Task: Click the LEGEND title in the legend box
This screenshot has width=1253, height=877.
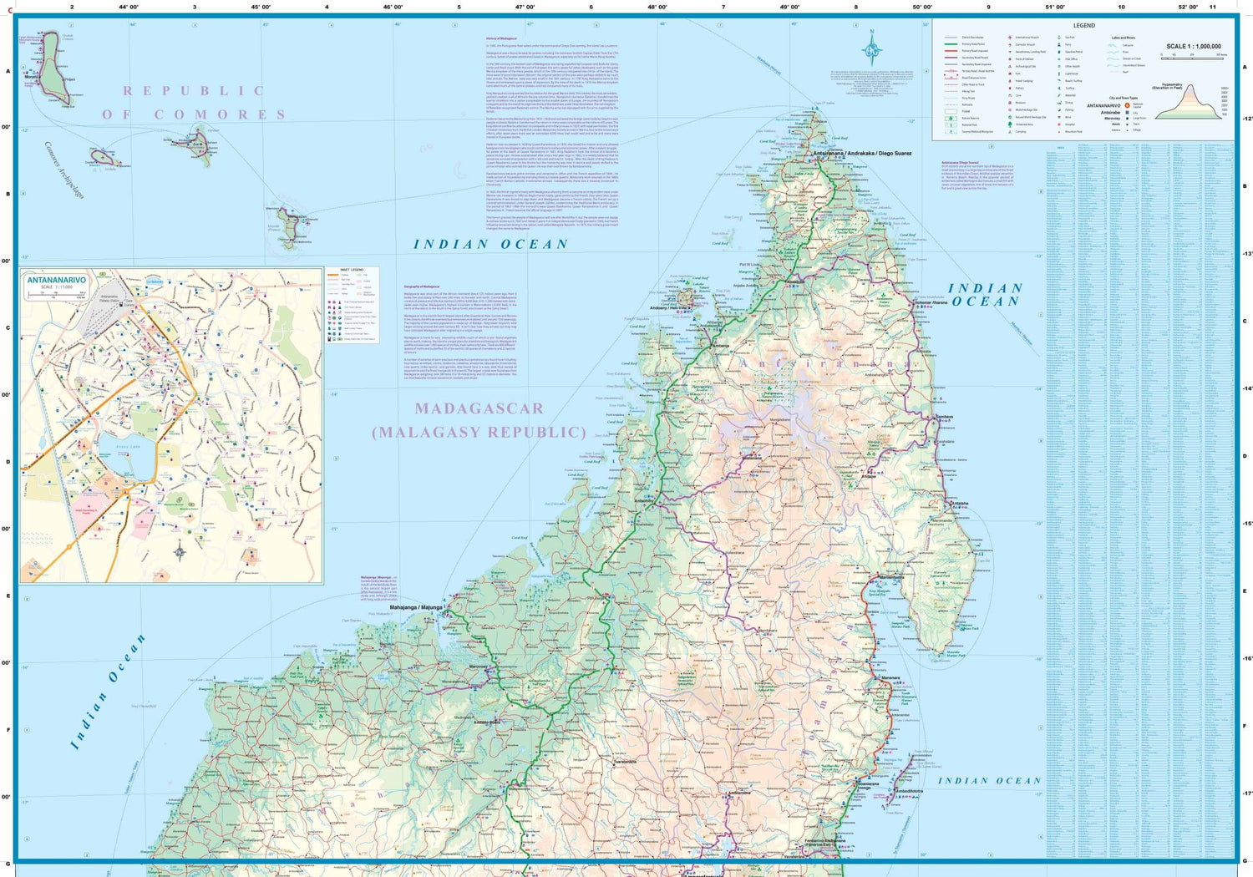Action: click(x=1083, y=26)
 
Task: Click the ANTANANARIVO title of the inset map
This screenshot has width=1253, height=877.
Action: click(x=56, y=280)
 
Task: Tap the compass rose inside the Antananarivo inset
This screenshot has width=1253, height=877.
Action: click(x=180, y=551)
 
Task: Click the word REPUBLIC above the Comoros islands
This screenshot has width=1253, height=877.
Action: click(x=194, y=91)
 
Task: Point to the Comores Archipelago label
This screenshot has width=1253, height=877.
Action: click(x=64, y=170)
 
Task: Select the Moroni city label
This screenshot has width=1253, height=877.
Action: click(x=31, y=77)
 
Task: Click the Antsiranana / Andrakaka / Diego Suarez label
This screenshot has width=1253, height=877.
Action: click(x=863, y=154)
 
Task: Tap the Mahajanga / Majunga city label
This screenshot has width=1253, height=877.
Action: click(x=415, y=607)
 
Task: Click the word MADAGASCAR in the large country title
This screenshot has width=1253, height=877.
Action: click(x=479, y=408)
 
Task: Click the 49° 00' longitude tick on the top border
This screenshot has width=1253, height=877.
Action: click(x=789, y=7)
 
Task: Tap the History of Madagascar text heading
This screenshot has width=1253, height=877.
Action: click(x=502, y=38)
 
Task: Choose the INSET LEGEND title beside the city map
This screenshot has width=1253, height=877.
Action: click(x=352, y=271)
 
